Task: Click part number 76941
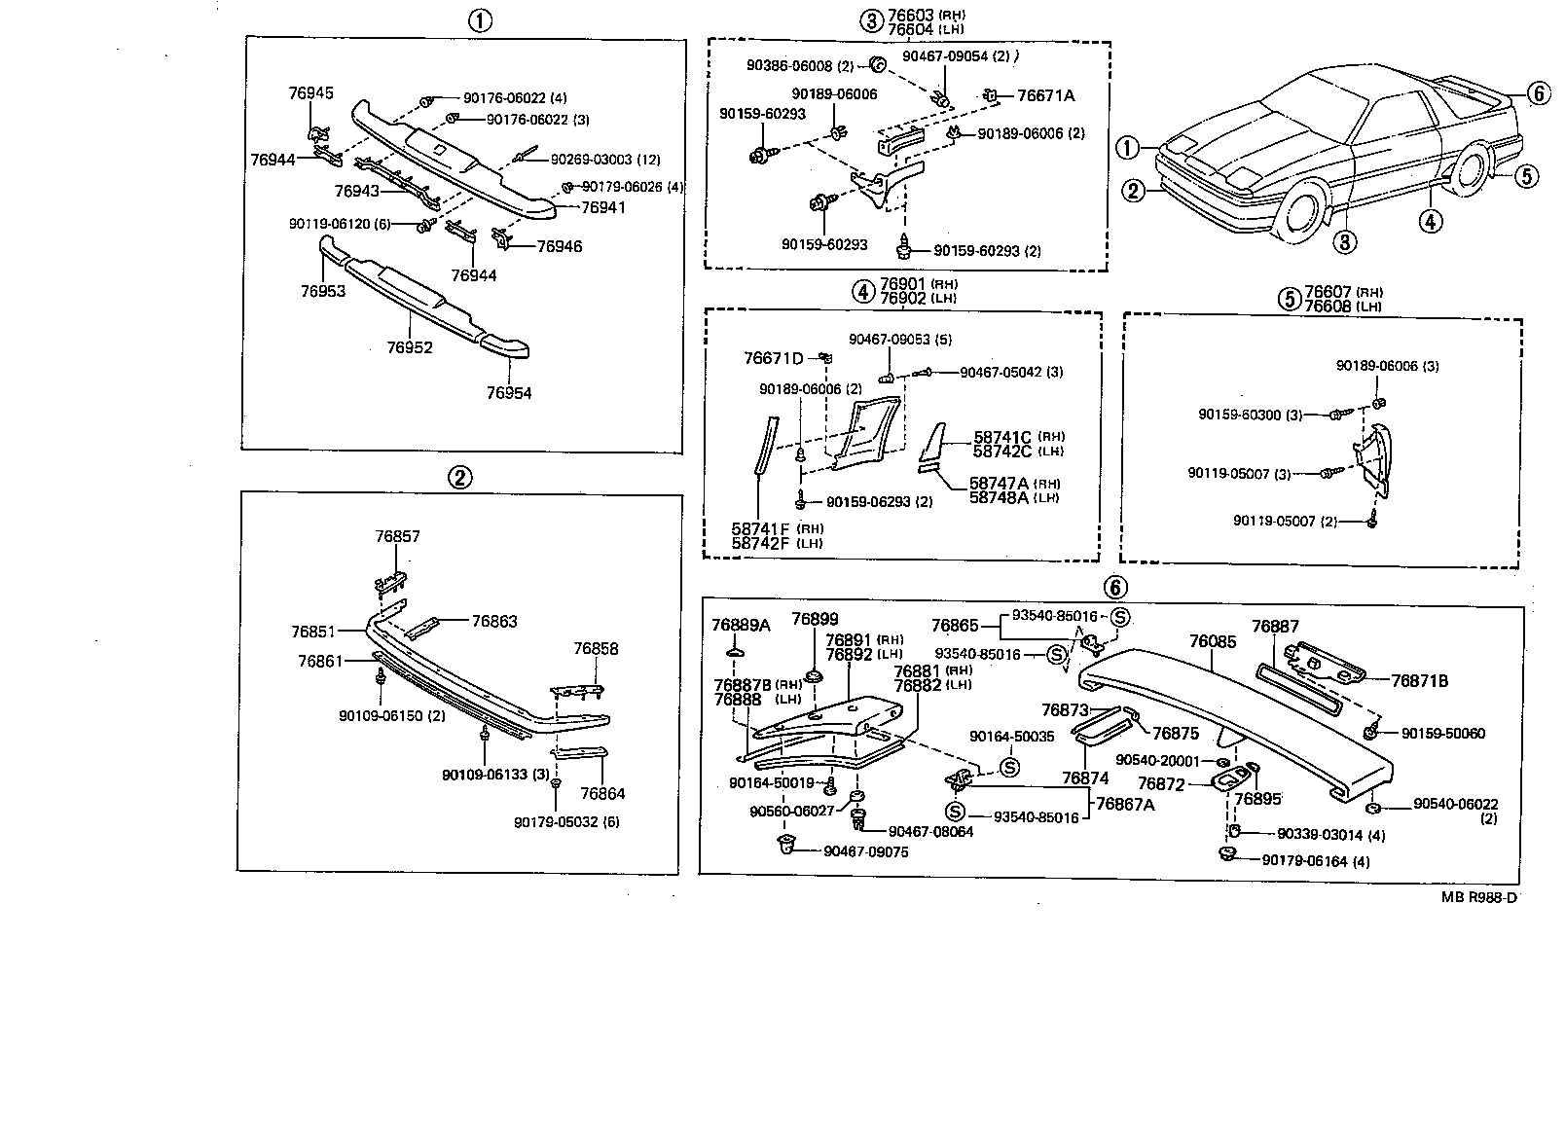coord(603,207)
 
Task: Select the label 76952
coord(409,347)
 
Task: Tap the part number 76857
coord(398,536)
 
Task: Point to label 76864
coord(602,793)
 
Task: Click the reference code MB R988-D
coord(1478,897)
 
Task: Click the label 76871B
coord(1419,681)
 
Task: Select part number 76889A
coord(740,625)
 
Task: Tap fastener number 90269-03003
coord(591,160)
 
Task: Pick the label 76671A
coord(1046,95)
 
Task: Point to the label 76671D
coord(774,358)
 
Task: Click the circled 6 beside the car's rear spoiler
coord(1537,93)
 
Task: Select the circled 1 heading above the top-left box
coord(478,20)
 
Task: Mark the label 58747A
coord(999,484)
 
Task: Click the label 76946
coord(560,246)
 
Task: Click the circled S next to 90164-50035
coord(1009,767)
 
